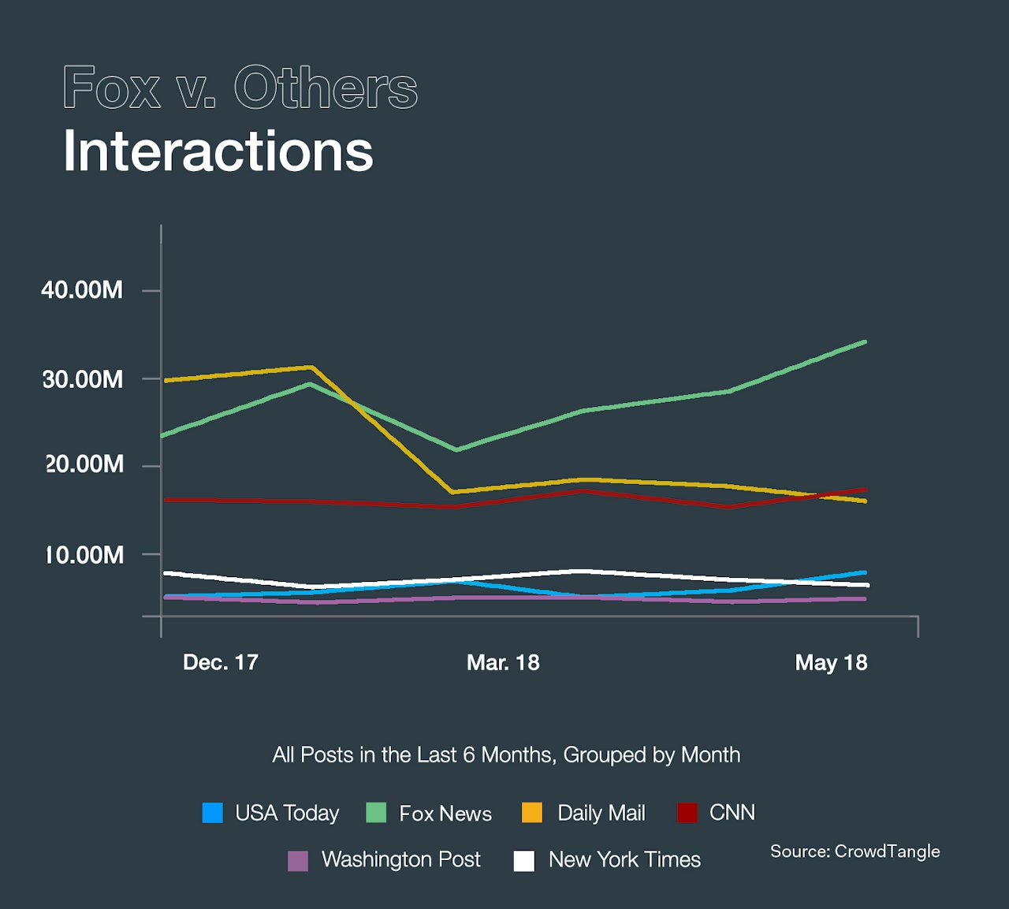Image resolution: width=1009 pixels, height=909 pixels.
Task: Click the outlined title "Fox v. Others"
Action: [x=240, y=88]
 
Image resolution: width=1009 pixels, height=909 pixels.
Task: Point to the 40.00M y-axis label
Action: [x=82, y=290]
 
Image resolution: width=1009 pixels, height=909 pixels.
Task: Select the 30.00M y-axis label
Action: [x=83, y=379]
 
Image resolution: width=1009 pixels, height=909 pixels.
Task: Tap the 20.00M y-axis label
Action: [x=84, y=464]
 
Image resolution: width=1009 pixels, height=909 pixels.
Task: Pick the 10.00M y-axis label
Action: [x=84, y=555]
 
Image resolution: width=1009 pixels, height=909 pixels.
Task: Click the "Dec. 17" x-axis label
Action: [x=221, y=662]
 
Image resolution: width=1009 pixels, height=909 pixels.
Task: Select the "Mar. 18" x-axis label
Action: [x=503, y=662]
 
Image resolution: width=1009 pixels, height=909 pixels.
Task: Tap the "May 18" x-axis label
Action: [x=831, y=662]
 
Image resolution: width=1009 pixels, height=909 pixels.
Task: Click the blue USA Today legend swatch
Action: [x=213, y=813]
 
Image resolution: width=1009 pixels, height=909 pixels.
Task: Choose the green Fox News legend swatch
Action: [x=377, y=813]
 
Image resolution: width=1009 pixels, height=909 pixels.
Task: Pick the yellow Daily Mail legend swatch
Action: [x=533, y=813]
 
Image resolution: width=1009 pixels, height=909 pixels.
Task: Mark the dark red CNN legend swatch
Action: [x=687, y=813]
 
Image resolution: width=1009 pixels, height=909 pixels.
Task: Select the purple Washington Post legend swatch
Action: [x=298, y=860]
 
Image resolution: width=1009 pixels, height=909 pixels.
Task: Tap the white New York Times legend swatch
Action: [x=524, y=860]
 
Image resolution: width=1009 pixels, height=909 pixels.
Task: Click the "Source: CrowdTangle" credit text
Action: [x=854, y=851]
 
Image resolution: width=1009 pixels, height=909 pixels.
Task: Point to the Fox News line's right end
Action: [x=865, y=342]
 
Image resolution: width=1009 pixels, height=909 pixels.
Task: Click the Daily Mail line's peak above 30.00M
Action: [x=311, y=367]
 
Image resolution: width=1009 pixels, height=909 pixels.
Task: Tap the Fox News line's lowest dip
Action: [x=456, y=449]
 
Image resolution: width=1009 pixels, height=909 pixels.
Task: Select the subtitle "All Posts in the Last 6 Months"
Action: [x=506, y=755]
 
